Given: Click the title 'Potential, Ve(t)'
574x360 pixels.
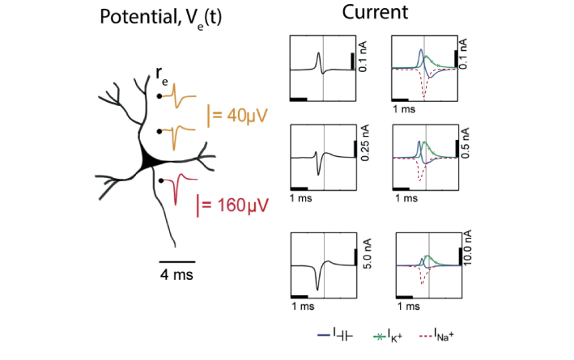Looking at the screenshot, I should (x=159, y=19).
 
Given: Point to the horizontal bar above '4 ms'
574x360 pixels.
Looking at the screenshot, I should (x=176, y=262).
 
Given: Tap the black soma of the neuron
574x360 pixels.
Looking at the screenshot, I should (x=149, y=159).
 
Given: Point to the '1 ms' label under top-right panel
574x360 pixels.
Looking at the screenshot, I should (x=403, y=108).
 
